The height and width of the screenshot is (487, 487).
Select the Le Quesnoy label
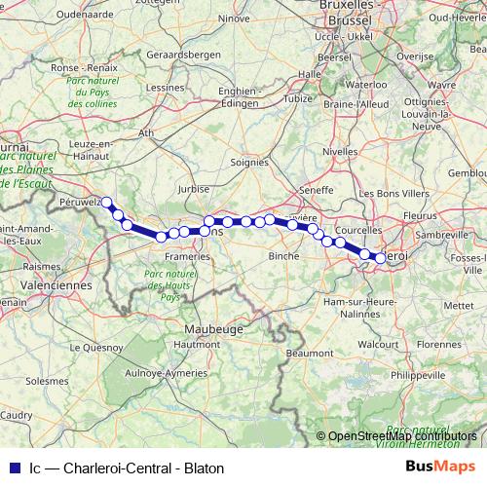click(95, 346)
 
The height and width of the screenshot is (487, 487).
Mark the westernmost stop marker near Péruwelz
click(107, 203)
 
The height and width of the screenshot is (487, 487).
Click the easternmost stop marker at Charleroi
click(381, 257)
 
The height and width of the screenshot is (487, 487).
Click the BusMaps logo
click(441, 467)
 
